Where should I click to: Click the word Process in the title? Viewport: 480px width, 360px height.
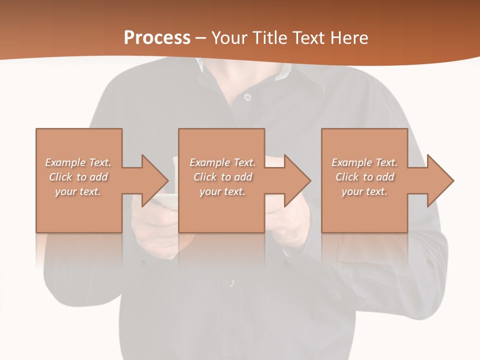coord(157,37)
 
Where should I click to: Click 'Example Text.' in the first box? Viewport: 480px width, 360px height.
coord(78,162)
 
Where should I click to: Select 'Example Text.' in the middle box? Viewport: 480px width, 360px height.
coord(222,162)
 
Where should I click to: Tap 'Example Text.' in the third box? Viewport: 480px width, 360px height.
coord(364,162)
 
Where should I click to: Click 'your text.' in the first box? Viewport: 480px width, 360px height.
coord(78,191)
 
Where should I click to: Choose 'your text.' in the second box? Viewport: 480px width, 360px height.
coord(222,191)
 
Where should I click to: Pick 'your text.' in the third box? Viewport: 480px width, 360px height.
coord(364,191)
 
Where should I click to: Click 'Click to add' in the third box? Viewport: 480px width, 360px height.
coord(364,177)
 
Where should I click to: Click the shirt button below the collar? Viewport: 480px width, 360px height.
coord(247,97)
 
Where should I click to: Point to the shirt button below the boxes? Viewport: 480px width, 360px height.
coord(229,283)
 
